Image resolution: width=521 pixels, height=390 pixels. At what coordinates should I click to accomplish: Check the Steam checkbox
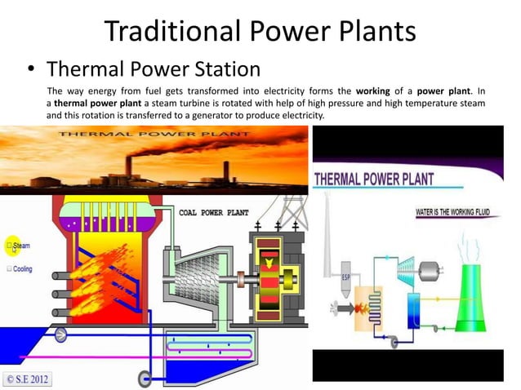[x=10, y=244]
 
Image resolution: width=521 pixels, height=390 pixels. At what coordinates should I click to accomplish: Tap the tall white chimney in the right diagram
[x=327, y=237]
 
